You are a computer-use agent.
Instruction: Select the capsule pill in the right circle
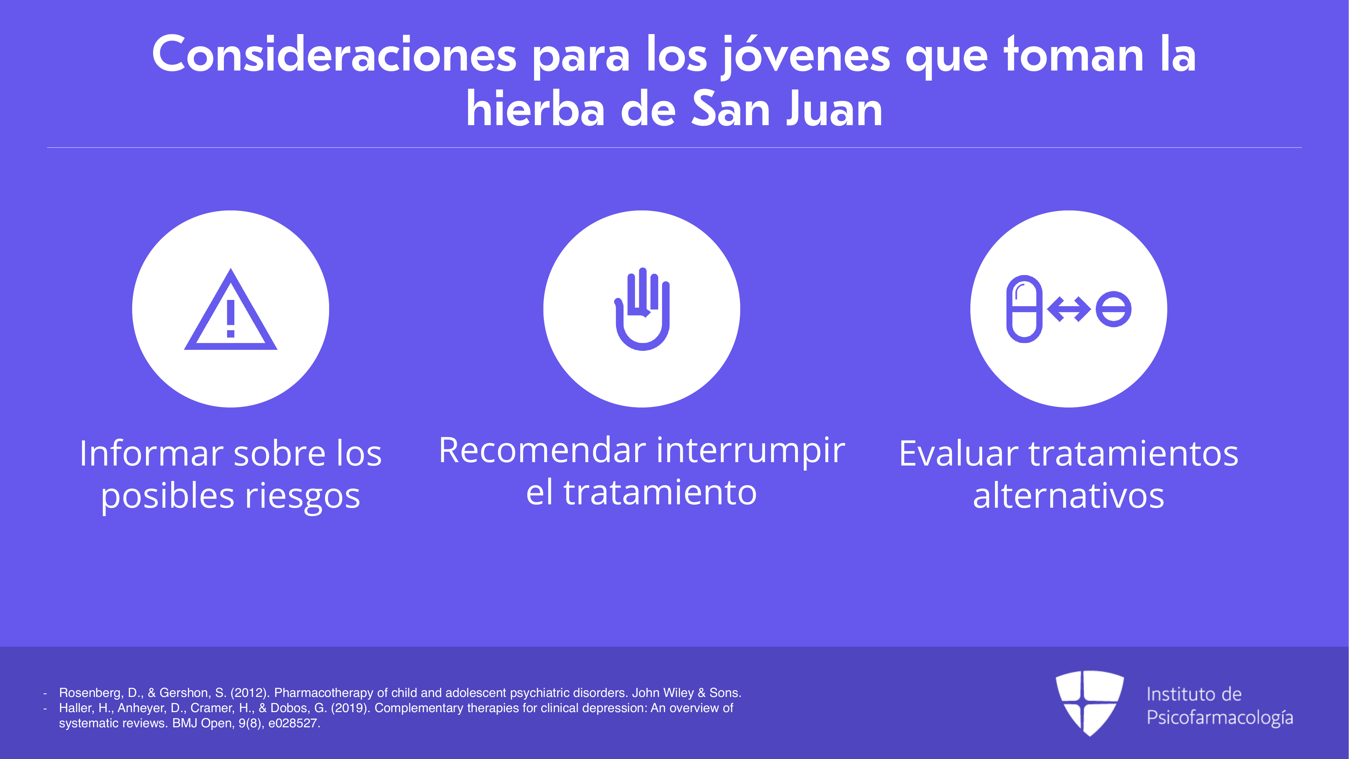1024,309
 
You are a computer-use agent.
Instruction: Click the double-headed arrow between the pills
1069,309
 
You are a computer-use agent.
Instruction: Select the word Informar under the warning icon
151,454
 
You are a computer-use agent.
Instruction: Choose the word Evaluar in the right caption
958,454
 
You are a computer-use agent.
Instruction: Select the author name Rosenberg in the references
91,693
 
